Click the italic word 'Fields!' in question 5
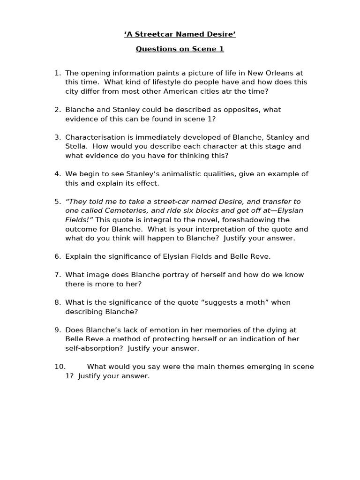(x=77, y=220)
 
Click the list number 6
(x=57, y=256)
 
